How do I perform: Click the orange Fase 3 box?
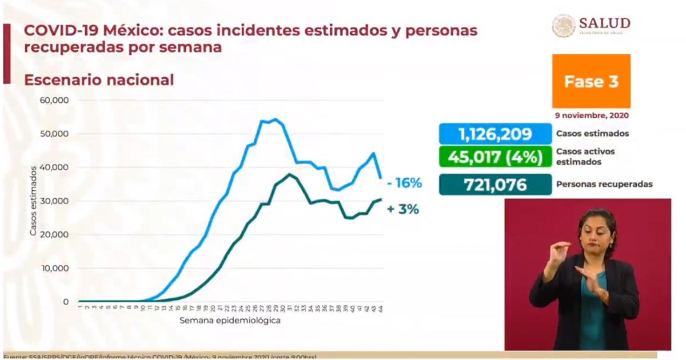(x=591, y=81)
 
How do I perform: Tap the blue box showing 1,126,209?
(x=495, y=134)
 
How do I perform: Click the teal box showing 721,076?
(x=495, y=185)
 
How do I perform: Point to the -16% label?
(x=404, y=183)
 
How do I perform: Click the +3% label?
(x=402, y=210)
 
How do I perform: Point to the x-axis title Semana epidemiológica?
(x=230, y=321)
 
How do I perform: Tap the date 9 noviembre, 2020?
(x=591, y=115)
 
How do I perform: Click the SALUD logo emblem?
(x=563, y=26)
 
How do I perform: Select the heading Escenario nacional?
(x=99, y=80)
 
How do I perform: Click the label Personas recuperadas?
(x=604, y=185)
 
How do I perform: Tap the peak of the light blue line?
(x=275, y=119)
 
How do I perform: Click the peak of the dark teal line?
(x=290, y=174)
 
